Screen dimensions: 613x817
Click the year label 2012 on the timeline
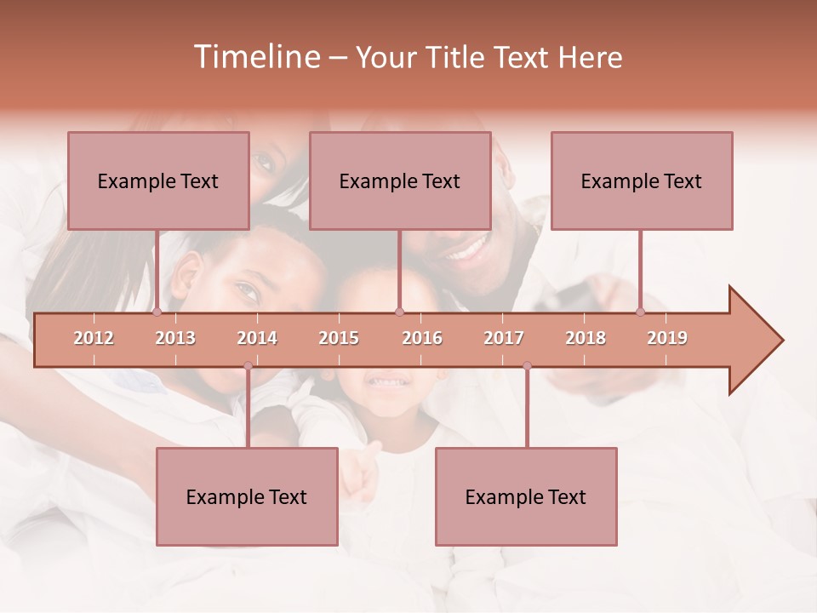click(94, 338)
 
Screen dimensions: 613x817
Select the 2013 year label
click(175, 338)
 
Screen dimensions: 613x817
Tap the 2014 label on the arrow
click(257, 338)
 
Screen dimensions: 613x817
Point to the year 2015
click(339, 338)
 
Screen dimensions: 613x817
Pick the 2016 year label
click(422, 338)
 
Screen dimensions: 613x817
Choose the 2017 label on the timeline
click(504, 338)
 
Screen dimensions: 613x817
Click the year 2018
click(586, 338)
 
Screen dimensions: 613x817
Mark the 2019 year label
click(667, 338)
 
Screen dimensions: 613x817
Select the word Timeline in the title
click(255, 57)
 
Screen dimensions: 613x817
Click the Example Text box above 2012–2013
click(158, 180)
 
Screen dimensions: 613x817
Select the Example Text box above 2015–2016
click(400, 180)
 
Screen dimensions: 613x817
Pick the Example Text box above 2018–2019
click(642, 180)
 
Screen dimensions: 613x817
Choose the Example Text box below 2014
click(247, 496)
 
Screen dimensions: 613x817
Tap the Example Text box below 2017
click(526, 496)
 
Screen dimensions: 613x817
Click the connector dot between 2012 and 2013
click(157, 312)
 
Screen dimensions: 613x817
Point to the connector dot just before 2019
click(641, 312)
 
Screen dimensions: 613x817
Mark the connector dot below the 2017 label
click(527, 366)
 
